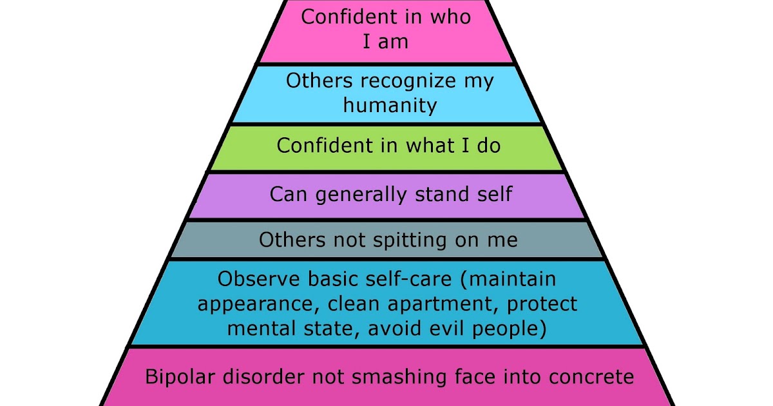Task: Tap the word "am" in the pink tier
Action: click(395, 41)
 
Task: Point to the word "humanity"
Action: click(390, 105)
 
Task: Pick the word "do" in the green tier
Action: click(488, 146)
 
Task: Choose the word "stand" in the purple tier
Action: click(444, 194)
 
